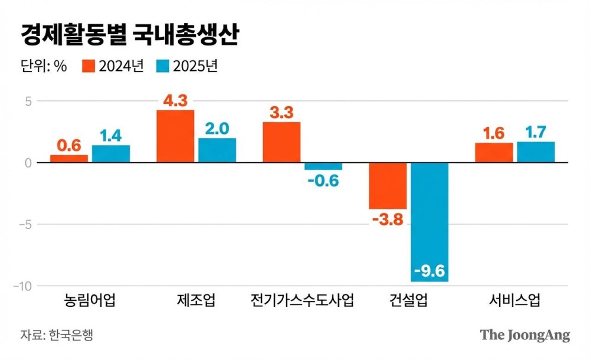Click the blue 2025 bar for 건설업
430,221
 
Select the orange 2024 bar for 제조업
175,136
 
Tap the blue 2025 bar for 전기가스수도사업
323,166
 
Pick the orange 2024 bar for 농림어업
69,159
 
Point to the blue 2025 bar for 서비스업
536,152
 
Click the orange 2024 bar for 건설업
388,185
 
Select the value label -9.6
430,271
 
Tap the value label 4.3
175,100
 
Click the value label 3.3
281,113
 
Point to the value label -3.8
388,220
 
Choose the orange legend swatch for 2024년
88,66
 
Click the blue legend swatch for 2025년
163,66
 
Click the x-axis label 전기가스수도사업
302,301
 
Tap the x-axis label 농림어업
90,301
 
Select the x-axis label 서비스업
514,301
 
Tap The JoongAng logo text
525,335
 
